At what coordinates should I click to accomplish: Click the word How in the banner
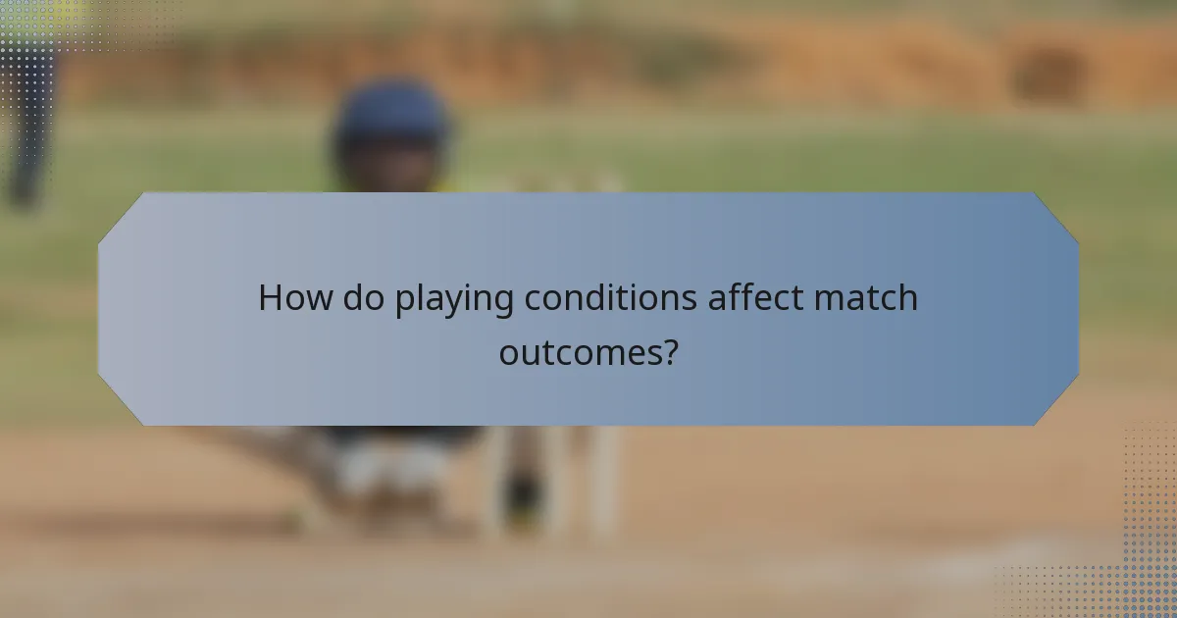295,298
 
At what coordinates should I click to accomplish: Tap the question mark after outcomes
669,351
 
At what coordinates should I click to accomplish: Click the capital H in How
269,298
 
